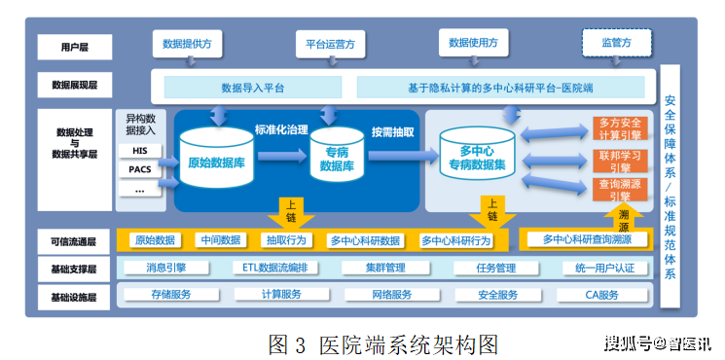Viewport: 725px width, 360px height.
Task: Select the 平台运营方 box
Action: click(x=330, y=44)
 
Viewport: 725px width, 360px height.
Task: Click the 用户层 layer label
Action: click(x=75, y=46)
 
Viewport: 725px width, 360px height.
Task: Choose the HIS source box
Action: click(x=141, y=151)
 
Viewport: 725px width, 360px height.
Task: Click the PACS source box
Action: click(x=141, y=170)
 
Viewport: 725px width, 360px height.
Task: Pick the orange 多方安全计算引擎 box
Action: click(x=619, y=128)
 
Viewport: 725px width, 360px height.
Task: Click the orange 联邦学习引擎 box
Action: click(x=619, y=160)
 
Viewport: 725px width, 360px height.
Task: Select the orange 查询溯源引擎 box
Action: click(x=619, y=189)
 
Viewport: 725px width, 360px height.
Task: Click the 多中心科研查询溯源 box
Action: click(x=587, y=238)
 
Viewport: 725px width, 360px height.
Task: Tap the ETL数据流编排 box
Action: click(x=274, y=268)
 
